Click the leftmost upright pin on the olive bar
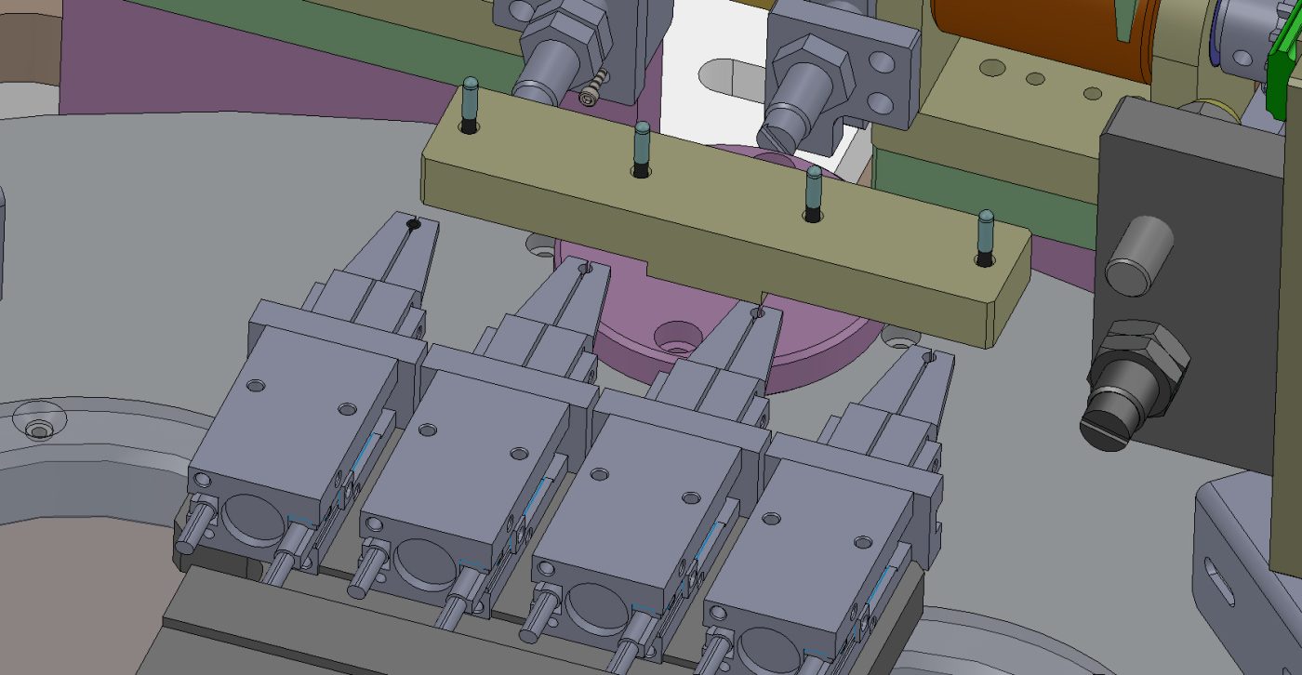coord(470,103)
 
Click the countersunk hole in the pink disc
coord(678,335)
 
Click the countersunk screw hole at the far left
coord(38,429)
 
